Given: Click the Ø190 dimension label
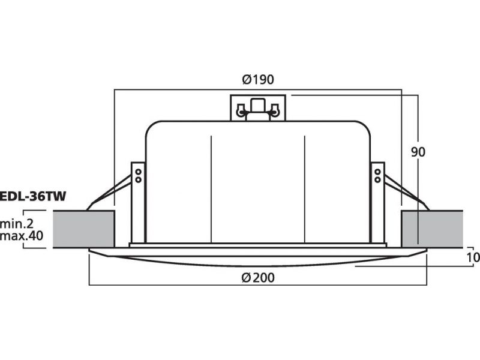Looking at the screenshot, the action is tap(258, 80).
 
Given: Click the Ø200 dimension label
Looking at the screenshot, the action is tap(258, 278).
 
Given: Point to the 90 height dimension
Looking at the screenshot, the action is tap(418, 152).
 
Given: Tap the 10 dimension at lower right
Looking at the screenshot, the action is tap(473, 257).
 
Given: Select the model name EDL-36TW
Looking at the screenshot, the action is tap(33, 197).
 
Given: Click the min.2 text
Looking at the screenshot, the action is tap(17, 224).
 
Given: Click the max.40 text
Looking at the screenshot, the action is tap(22, 236).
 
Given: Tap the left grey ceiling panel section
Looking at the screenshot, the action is tap(84, 229).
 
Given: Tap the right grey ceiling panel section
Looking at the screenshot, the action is tap(432, 229).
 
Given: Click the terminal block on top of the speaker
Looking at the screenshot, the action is tap(258, 108).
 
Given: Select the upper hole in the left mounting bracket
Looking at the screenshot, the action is tap(139, 172).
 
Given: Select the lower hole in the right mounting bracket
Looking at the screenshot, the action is tap(377, 179).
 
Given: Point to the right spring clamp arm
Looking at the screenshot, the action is tap(407, 193).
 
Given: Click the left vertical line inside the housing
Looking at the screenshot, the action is tap(211, 189).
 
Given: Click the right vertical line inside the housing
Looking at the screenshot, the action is tap(305, 189).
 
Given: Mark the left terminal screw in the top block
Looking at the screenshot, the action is tap(241, 111).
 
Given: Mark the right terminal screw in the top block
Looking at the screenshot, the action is tap(275, 111).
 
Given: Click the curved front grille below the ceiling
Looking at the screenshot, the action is tap(258, 257).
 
